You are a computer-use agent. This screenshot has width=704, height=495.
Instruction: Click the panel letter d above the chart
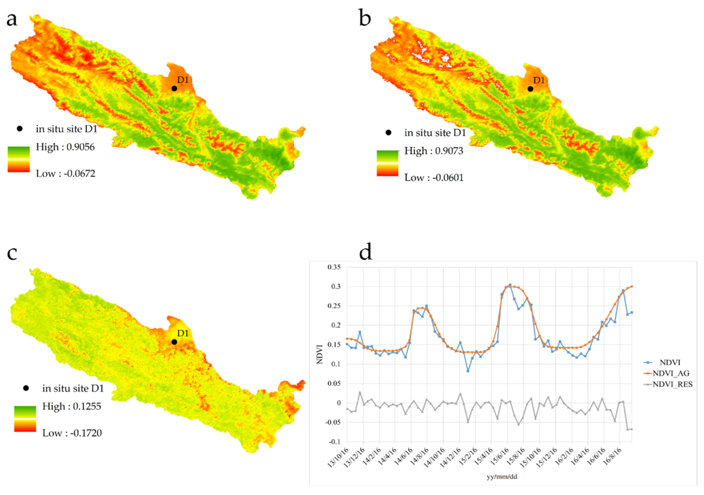coord(365,252)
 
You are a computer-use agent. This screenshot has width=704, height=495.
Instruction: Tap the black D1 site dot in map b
coord(530,89)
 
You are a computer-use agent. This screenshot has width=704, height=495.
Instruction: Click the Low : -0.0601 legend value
coord(433,178)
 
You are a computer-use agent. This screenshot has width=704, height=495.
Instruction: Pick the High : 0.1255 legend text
coord(71,407)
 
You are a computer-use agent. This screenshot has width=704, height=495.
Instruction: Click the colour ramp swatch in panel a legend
coord(19,159)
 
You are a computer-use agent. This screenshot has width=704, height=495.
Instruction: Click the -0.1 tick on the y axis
coord(335,442)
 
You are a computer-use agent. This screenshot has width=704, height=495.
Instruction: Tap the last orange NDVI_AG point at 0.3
coord(632,287)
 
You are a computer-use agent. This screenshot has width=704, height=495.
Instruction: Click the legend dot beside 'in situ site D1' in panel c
coord(26,388)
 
